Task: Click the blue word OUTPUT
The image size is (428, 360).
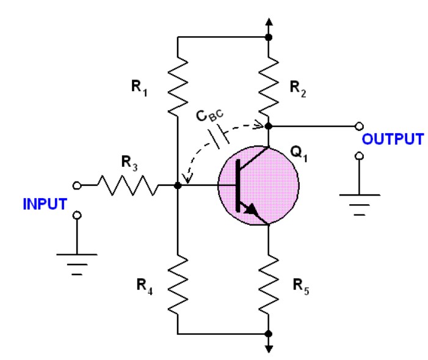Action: (393, 139)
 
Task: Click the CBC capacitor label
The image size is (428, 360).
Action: (212, 117)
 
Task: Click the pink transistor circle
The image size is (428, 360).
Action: (258, 184)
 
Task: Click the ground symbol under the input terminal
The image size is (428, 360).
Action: (76, 260)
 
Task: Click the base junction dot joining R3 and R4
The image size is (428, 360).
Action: (177, 185)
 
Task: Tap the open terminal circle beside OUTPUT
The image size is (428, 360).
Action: (358, 127)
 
